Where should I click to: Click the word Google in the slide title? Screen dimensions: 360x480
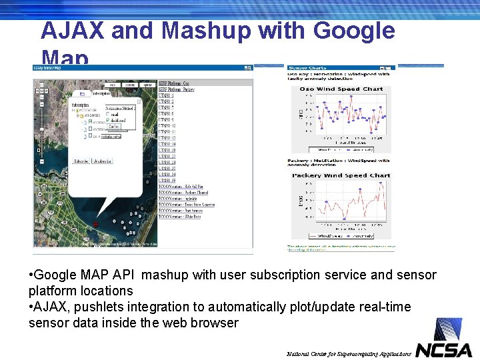(x=353, y=31)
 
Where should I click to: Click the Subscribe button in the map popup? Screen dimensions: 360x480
(x=81, y=161)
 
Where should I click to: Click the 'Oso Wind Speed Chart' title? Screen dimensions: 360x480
(x=341, y=89)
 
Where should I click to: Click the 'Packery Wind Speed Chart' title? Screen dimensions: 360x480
(x=341, y=175)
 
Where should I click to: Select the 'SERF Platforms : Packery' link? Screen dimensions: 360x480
(x=177, y=89)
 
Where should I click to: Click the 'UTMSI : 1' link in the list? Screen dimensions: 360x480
(x=167, y=95)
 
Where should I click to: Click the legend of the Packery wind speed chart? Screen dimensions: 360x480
(x=341, y=235)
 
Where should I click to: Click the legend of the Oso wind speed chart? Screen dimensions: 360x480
(x=341, y=149)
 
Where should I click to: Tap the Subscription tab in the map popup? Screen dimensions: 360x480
(x=101, y=93)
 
